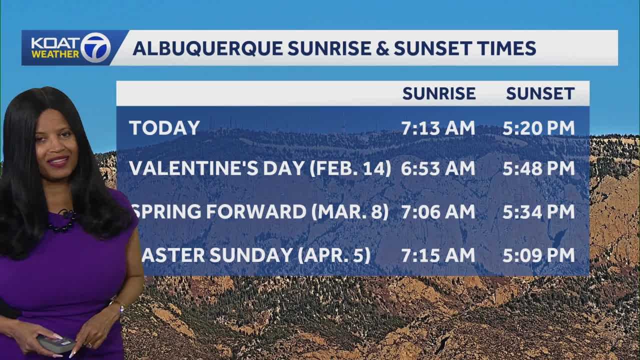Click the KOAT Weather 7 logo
tap(70, 48)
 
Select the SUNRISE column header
tap(438, 93)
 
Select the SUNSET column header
tap(540, 93)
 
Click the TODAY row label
tap(164, 128)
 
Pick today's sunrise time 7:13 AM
tap(438, 128)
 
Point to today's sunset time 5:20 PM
tap(538, 128)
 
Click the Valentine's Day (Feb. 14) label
tap(259, 168)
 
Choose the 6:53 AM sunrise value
tap(438, 168)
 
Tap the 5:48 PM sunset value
tap(538, 168)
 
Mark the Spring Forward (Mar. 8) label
tap(260, 212)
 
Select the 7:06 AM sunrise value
tap(438, 212)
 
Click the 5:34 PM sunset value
tap(538, 212)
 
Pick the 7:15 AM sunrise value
tap(438, 255)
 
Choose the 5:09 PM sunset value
tap(538, 255)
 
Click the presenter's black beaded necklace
tap(63, 223)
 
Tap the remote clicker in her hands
tap(55, 343)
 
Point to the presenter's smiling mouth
tap(58, 161)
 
